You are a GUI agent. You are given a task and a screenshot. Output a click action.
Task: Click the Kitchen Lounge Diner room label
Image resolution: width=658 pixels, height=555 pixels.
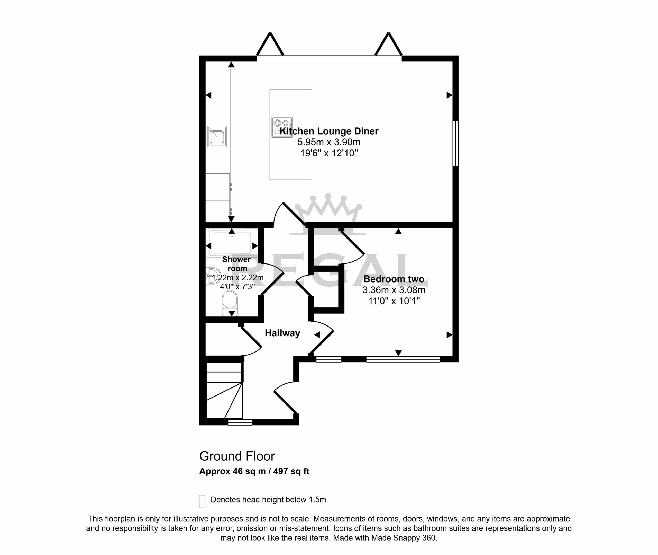pyautogui.click(x=329, y=131)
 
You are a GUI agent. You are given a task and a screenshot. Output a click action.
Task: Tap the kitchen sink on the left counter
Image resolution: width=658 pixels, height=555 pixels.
pyautogui.click(x=217, y=137)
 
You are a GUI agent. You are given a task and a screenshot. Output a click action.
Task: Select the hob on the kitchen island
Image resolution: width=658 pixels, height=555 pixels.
pyautogui.click(x=282, y=127)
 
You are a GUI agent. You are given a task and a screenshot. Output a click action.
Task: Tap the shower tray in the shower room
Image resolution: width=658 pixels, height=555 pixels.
pyautogui.click(x=232, y=243)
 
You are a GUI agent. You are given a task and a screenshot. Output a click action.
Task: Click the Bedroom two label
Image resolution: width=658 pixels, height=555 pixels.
pyautogui.click(x=394, y=279)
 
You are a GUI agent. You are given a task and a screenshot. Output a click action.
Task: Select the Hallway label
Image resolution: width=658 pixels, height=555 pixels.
pyautogui.click(x=282, y=333)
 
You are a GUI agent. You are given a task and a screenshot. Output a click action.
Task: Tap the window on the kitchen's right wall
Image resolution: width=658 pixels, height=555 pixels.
pyautogui.click(x=456, y=143)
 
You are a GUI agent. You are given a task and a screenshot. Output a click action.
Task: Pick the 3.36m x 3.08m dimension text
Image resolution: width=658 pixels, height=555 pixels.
pyautogui.click(x=394, y=290)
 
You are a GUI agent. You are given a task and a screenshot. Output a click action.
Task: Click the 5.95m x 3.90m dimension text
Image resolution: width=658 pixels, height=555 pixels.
pyautogui.click(x=329, y=142)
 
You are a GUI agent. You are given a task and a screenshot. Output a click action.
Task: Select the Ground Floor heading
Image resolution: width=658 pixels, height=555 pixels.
pyautogui.click(x=237, y=456)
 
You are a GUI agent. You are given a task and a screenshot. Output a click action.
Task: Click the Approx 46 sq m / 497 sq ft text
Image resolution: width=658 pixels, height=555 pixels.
pyautogui.click(x=254, y=471)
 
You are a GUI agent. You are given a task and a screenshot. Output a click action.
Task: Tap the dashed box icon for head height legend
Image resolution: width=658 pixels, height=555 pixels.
pyautogui.click(x=202, y=501)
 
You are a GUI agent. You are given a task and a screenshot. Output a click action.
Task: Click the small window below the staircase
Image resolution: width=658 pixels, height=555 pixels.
pyautogui.click(x=240, y=422)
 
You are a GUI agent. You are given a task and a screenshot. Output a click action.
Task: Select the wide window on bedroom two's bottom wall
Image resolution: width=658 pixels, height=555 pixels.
pyautogui.click(x=403, y=359)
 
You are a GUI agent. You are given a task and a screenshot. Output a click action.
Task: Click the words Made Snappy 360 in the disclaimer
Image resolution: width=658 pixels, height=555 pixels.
pyautogui.click(x=404, y=538)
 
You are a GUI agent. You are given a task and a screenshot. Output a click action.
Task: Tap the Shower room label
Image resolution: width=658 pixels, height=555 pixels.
pyautogui.click(x=237, y=264)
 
